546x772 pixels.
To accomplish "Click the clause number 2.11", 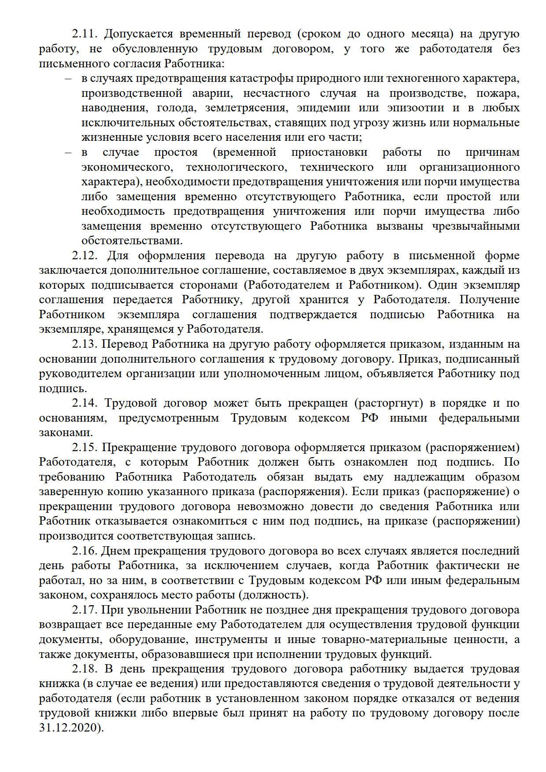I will point(85,34).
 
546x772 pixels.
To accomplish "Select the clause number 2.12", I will point(85,256).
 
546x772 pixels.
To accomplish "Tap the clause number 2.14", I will point(85,403).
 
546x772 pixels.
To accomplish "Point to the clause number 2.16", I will point(85,551).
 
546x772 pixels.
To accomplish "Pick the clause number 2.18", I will point(85,669).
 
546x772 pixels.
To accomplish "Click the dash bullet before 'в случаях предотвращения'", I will point(68,79).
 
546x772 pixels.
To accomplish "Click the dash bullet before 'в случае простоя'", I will point(68,153).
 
